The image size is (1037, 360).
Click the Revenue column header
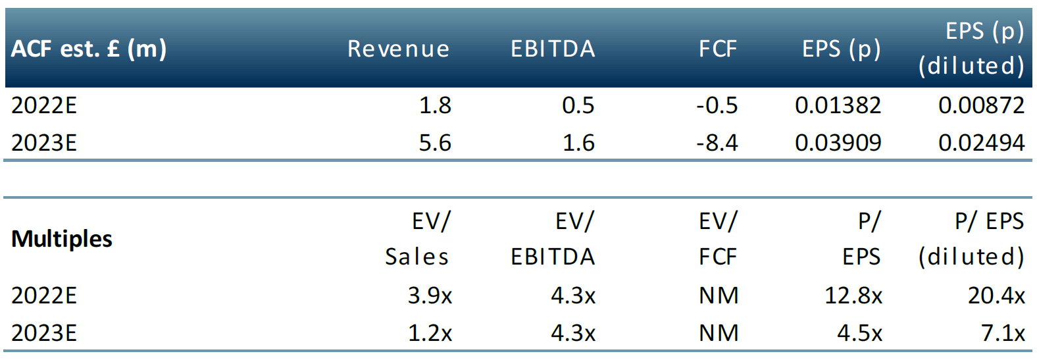(x=398, y=49)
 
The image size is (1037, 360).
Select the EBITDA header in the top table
(x=553, y=49)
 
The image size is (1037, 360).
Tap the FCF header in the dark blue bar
(x=718, y=49)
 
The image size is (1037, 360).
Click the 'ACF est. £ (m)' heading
(x=89, y=49)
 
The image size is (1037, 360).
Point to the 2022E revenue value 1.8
(x=435, y=105)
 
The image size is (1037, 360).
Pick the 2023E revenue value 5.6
(x=435, y=143)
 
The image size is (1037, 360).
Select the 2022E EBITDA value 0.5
(x=578, y=105)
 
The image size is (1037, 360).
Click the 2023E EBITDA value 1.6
(x=578, y=143)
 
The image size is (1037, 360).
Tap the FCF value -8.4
(x=717, y=143)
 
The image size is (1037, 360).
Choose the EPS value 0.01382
(x=838, y=105)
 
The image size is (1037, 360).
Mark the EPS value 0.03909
(x=838, y=143)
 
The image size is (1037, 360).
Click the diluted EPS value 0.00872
(x=981, y=105)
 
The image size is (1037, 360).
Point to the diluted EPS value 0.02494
(x=981, y=143)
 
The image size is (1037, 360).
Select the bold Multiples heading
(x=62, y=239)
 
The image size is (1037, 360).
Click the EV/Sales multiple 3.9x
(x=430, y=296)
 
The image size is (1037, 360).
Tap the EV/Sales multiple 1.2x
(x=430, y=333)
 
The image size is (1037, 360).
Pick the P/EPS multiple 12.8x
(x=853, y=296)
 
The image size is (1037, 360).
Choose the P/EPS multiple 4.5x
(x=859, y=333)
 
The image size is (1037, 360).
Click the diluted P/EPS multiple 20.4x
(x=996, y=296)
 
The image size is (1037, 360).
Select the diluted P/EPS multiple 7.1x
(x=1003, y=333)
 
